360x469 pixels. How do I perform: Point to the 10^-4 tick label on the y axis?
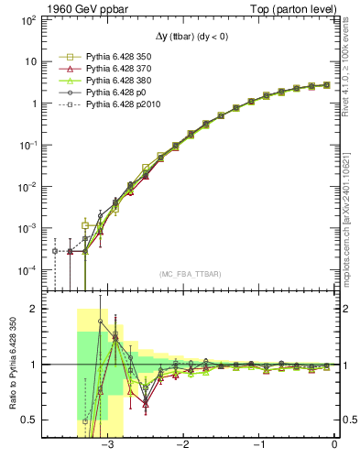tap(29, 270)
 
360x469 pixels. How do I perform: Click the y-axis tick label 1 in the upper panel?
tap(34, 104)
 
